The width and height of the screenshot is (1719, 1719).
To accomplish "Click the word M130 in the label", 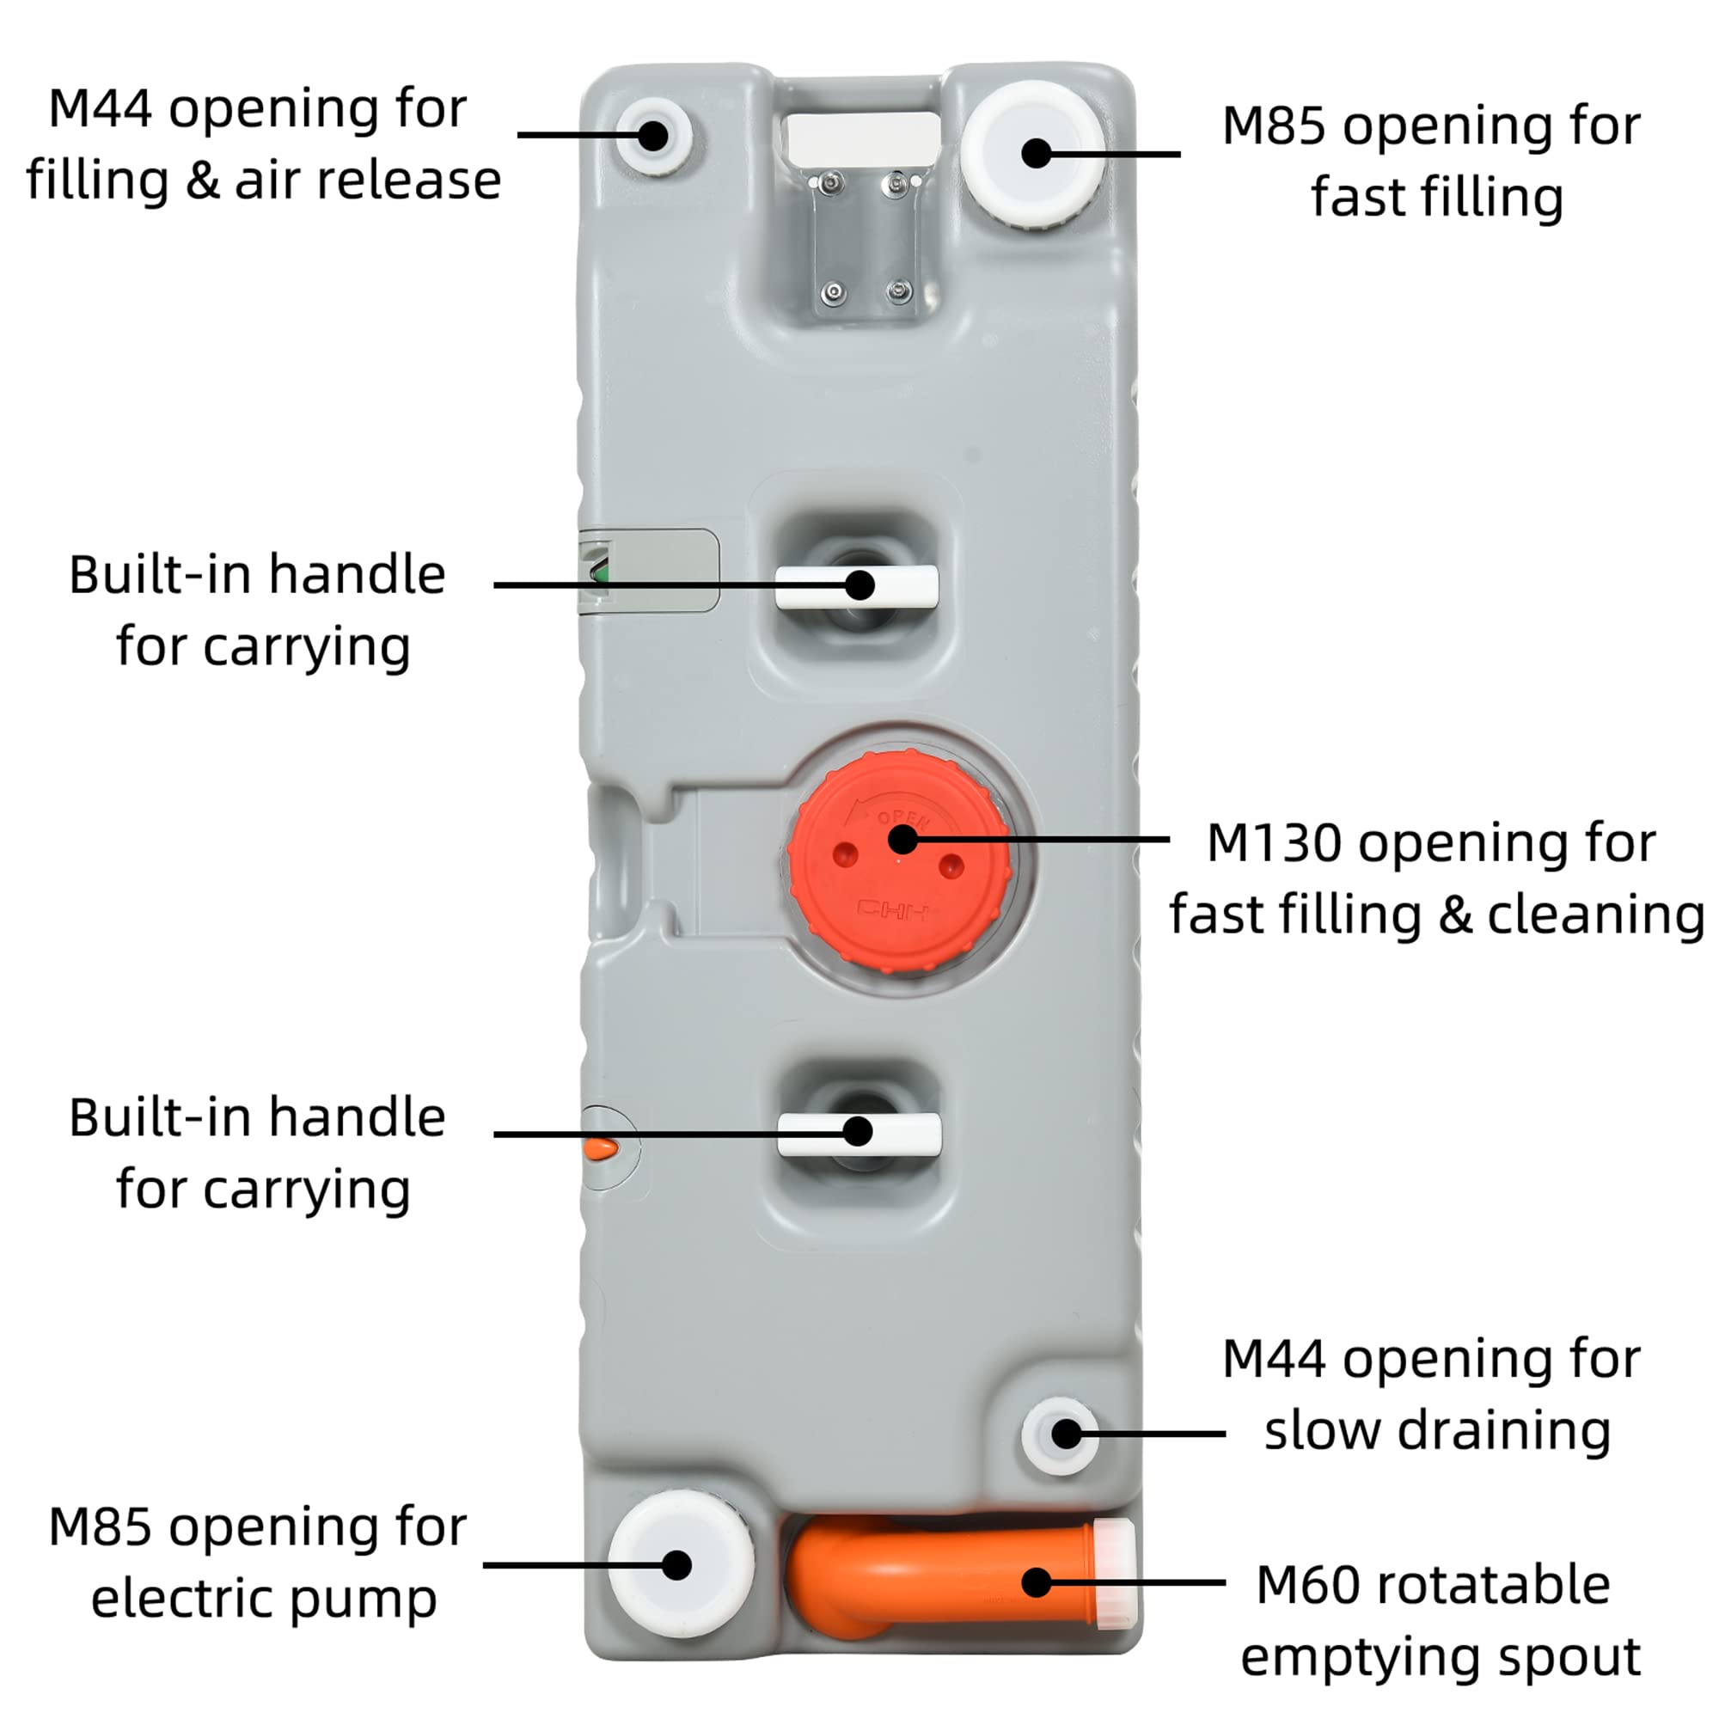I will click(x=1274, y=842).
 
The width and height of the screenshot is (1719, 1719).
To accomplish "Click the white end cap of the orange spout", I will click(x=1114, y=1574).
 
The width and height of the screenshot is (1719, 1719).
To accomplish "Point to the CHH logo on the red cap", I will click(x=892, y=910).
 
